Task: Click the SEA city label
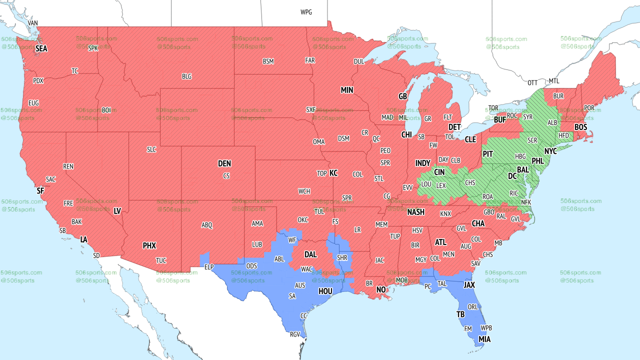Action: coord(41,48)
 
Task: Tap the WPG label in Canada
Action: coord(306,12)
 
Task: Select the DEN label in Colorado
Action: coord(224,163)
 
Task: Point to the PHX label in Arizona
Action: coord(149,245)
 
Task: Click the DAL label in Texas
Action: coord(310,254)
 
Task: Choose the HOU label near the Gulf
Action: coord(325,291)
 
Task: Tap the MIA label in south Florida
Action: coord(484,339)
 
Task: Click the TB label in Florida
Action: coord(460,314)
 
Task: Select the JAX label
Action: coord(469,285)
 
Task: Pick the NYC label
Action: coord(550,150)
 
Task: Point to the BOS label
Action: coord(580,127)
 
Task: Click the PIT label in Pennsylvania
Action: coord(488,154)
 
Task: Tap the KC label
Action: coord(333,173)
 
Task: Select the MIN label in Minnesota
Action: coord(347,90)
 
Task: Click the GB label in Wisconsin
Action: coord(402,96)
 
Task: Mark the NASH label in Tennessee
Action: coord(415,212)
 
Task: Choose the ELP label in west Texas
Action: coord(209,267)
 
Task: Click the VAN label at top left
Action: coord(33,23)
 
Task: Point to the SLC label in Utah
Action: coord(151,149)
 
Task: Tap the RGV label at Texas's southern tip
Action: coord(295,334)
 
